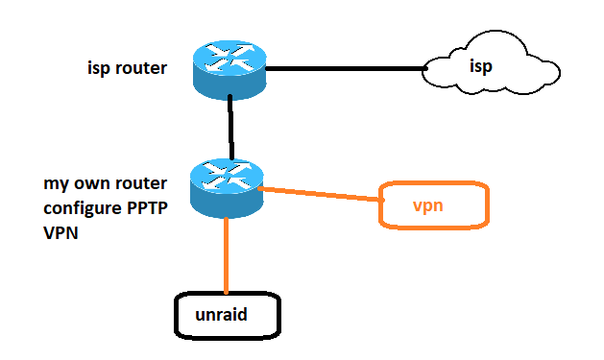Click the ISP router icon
pos(230,70)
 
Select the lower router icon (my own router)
pos(227,188)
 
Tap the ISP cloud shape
pos(491,62)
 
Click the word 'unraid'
pos(221,315)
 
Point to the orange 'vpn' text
pos(428,206)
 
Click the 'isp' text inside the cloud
pos(481,66)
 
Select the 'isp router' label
pos(127,68)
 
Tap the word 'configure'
pos(83,209)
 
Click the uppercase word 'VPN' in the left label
pos(60,233)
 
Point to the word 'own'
pos(90,184)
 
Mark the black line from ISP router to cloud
pos(346,68)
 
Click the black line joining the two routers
pos(230,128)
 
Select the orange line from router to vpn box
pos(321,194)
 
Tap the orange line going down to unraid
pos(226,255)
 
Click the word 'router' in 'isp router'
pos(141,68)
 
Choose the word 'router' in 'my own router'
pos(139,183)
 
